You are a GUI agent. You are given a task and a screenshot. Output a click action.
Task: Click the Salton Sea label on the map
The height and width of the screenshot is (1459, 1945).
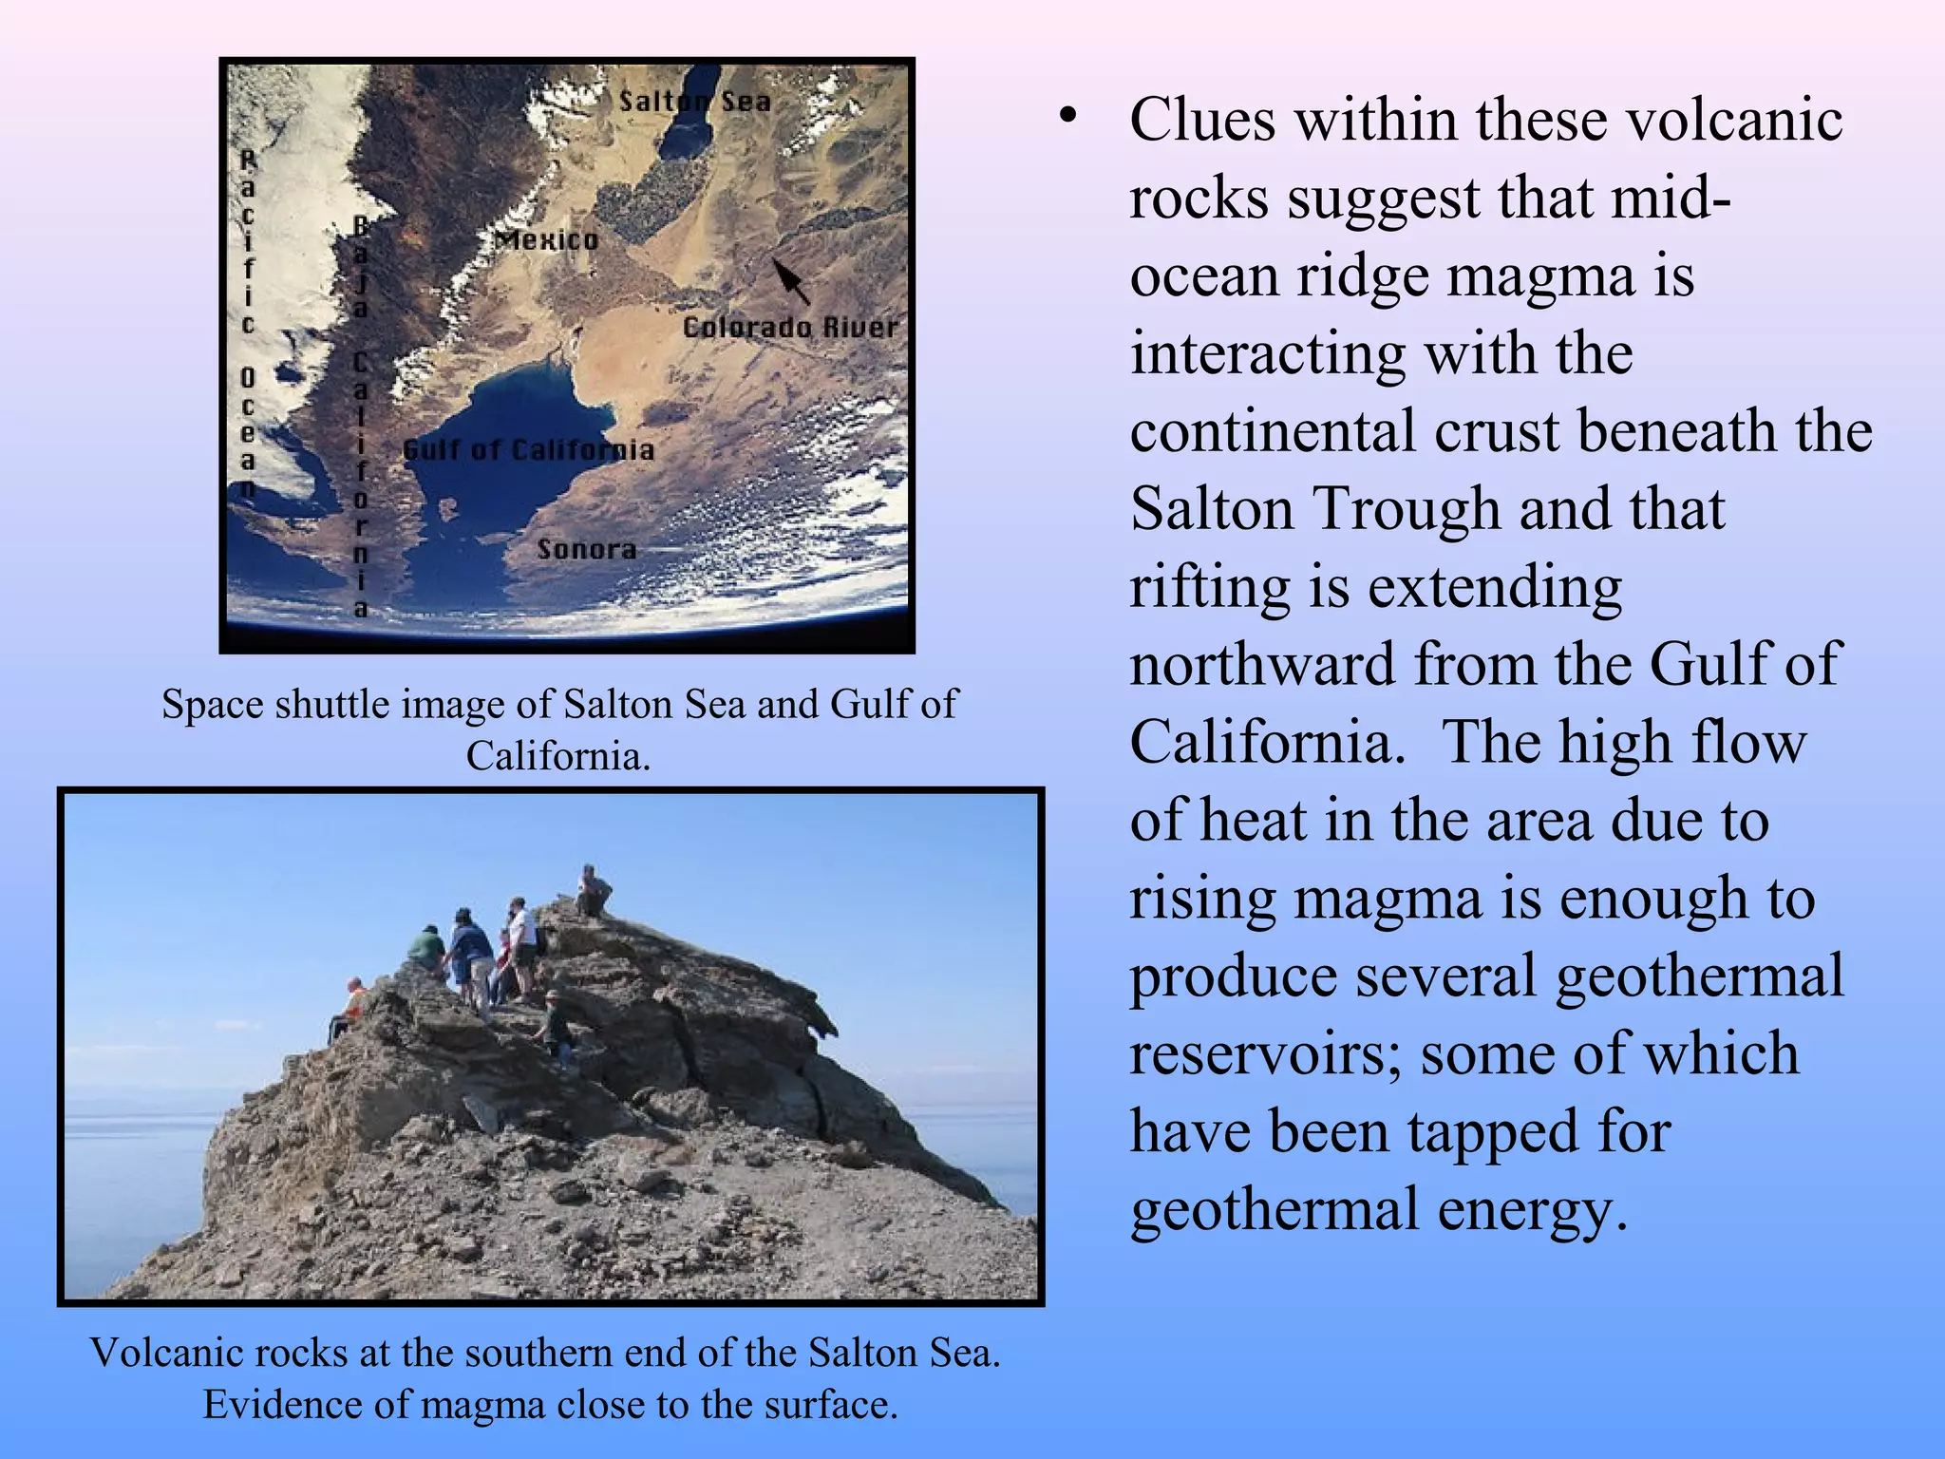point(694,101)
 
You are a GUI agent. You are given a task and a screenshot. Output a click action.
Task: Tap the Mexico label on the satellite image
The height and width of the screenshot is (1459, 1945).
point(547,239)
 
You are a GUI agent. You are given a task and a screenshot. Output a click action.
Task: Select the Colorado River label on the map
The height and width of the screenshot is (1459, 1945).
point(789,328)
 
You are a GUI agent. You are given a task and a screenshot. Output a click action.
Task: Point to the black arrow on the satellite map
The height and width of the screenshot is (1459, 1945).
point(790,280)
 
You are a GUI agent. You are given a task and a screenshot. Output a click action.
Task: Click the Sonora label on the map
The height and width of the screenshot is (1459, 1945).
point(586,549)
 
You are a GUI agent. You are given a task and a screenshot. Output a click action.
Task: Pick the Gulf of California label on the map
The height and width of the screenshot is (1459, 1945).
point(529,450)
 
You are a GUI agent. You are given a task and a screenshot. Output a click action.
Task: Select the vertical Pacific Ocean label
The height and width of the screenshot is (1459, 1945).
point(247,323)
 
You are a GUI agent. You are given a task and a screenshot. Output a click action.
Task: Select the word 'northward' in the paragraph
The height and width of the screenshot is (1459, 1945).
point(1262,664)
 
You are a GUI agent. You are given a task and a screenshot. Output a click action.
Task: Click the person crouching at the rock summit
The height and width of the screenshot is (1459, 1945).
point(593,891)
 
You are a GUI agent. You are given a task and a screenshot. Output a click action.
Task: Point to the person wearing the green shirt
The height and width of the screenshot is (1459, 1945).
point(425,946)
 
